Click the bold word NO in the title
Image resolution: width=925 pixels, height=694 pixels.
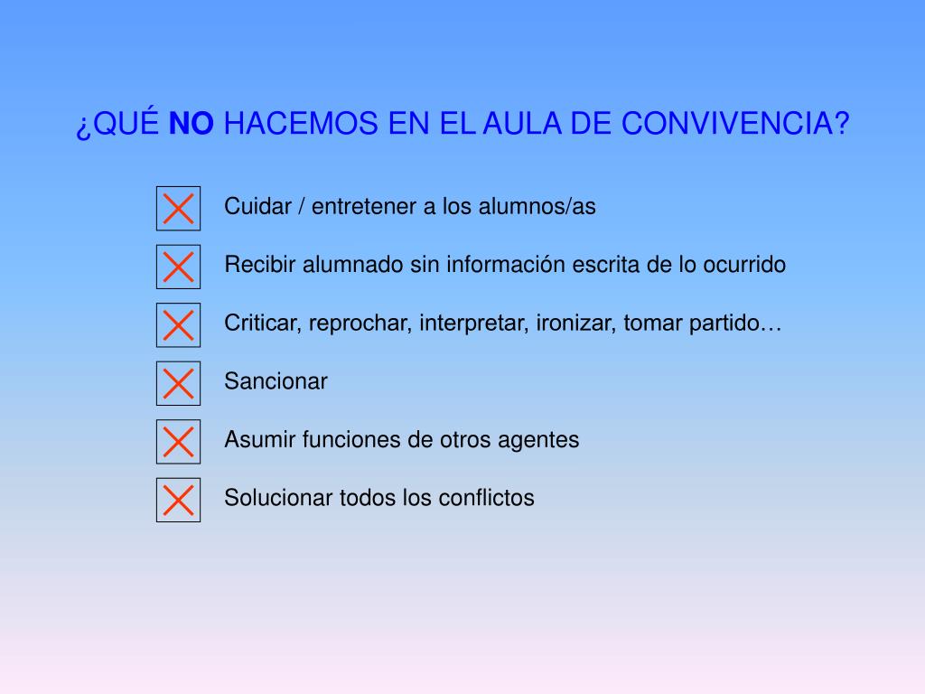pos(192,125)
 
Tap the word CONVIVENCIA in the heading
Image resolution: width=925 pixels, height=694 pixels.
pos(735,125)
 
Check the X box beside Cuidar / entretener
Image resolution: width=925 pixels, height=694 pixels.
pos(178,208)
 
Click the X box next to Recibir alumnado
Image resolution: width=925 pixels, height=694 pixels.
pos(178,267)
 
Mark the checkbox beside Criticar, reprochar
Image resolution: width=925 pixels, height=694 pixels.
pos(178,325)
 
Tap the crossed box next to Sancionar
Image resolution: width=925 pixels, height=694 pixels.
pos(178,383)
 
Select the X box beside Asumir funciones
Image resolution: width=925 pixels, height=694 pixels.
pos(178,442)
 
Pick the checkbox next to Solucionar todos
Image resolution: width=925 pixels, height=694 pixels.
pos(178,500)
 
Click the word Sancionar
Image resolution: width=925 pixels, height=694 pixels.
pos(276,381)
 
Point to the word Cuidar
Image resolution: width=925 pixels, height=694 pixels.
pos(254,207)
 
